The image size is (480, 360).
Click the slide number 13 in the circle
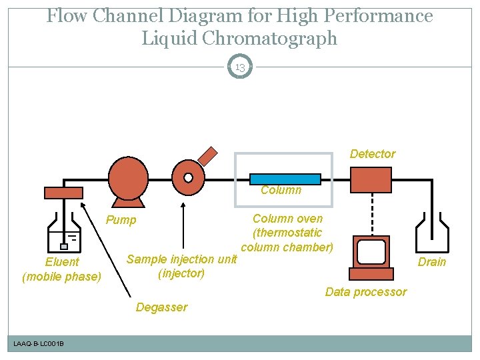pyautogui.click(x=240, y=67)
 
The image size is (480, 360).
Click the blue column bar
pyautogui.click(x=285, y=179)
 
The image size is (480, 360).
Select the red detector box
pyautogui.click(x=371, y=179)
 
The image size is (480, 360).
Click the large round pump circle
pyautogui.click(x=128, y=177)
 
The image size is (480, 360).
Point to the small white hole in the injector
pyautogui.click(x=188, y=177)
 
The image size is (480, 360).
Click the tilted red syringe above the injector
pyautogui.click(x=209, y=155)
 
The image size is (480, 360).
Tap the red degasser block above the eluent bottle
pyautogui.click(x=63, y=193)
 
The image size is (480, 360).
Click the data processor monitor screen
pyautogui.click(x=371, y=251)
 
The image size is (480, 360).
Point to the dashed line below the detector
pyautogui.click(x=371, y=213)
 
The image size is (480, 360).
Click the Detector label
pyautogui.click(x=373, y=154)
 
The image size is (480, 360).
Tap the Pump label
pyautogui.click(x=121, y=220)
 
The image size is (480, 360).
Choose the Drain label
pyautogui.click(x=431, y=262)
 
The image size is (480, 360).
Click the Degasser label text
pyautogui.click(x=161, y=307)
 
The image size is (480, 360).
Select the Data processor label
pyautogui.click(x=365, y=292)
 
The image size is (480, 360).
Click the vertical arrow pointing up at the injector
pyautogui.click(x=183, y=227)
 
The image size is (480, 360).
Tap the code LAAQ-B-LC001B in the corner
pyautogui.click(x=39, y=343)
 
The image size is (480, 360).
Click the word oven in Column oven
pyautogui.click(x=310, y=219)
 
